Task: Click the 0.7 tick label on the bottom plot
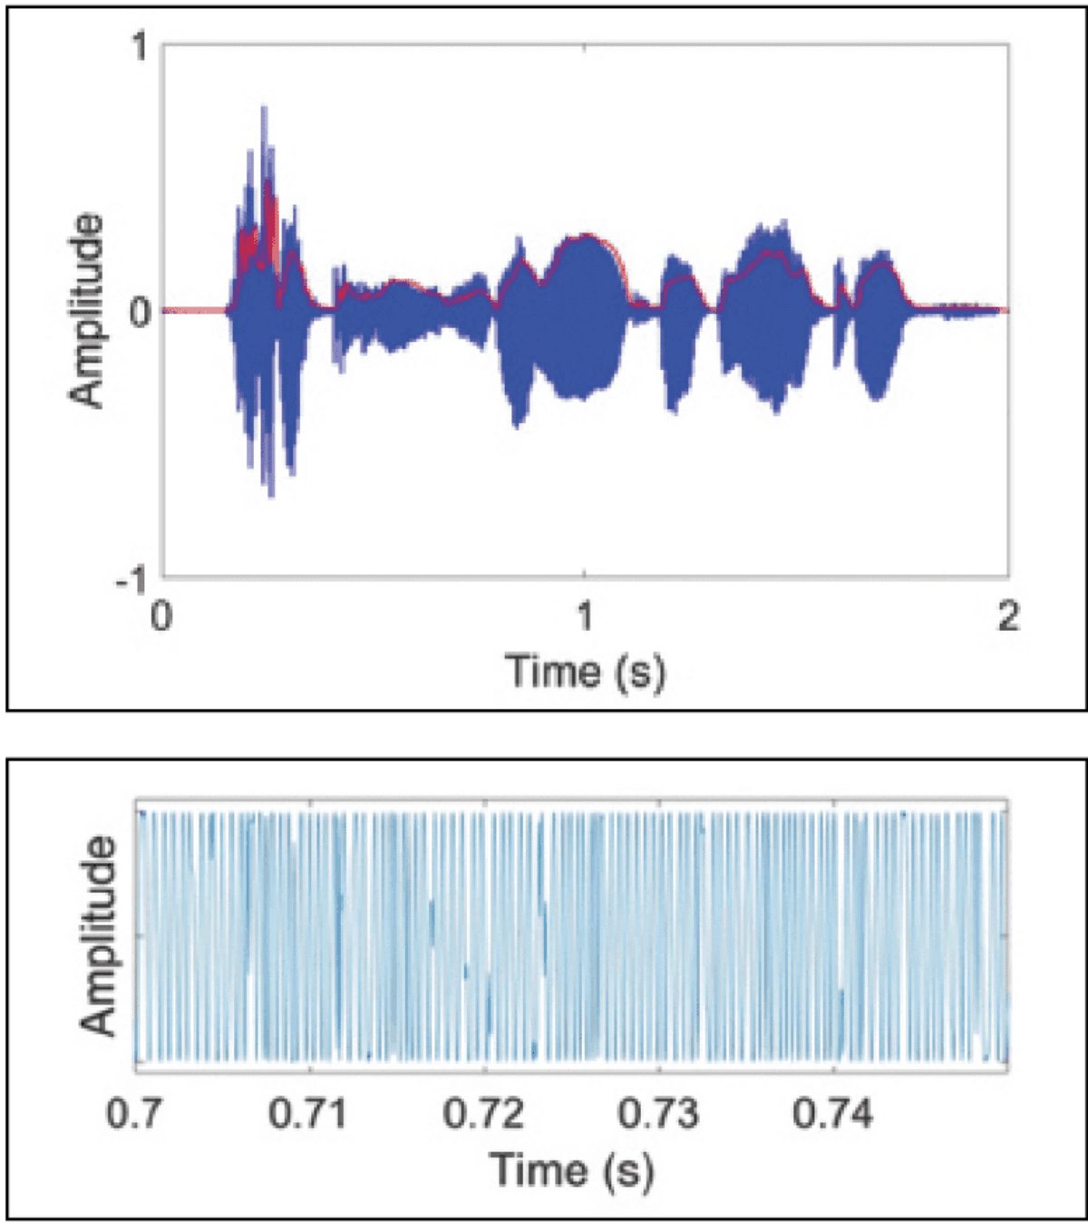pyautogui.click(x=135, y=1112)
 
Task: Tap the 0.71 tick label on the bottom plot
pyautogui.click(x=307, y=1112)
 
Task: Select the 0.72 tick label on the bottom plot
pyautogui.click(x=483, y=1112)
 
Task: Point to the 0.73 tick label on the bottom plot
pyautogui.click(x=658, y=1112)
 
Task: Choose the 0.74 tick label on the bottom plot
pyautogui.click(x=833, y=1112)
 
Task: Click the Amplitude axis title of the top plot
pyautogui.click(x=87, y=310)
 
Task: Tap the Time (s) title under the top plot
pyautogui.click(x=585, y=672)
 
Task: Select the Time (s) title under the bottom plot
pyautogui.click(x=571, y=1169)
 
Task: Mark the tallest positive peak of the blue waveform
pyautogui.click(x=264, y=109)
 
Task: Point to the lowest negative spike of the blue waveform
pyautogui.click(x=271, y=495)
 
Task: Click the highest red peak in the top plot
pyautogui.click(x=268, y=183)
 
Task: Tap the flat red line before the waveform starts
pyautogui.click(x=195, y=311)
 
